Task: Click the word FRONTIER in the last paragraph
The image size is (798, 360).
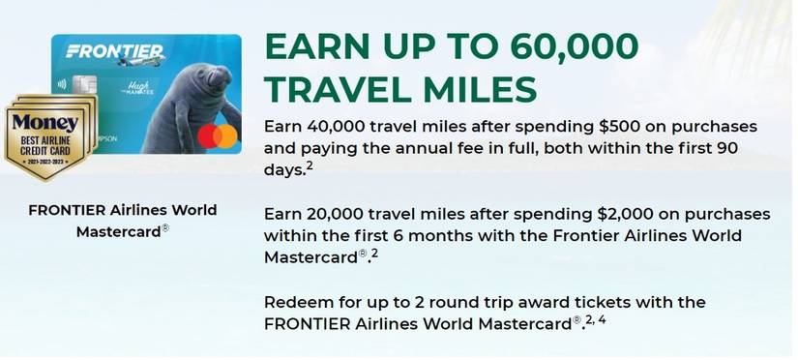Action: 309,323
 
